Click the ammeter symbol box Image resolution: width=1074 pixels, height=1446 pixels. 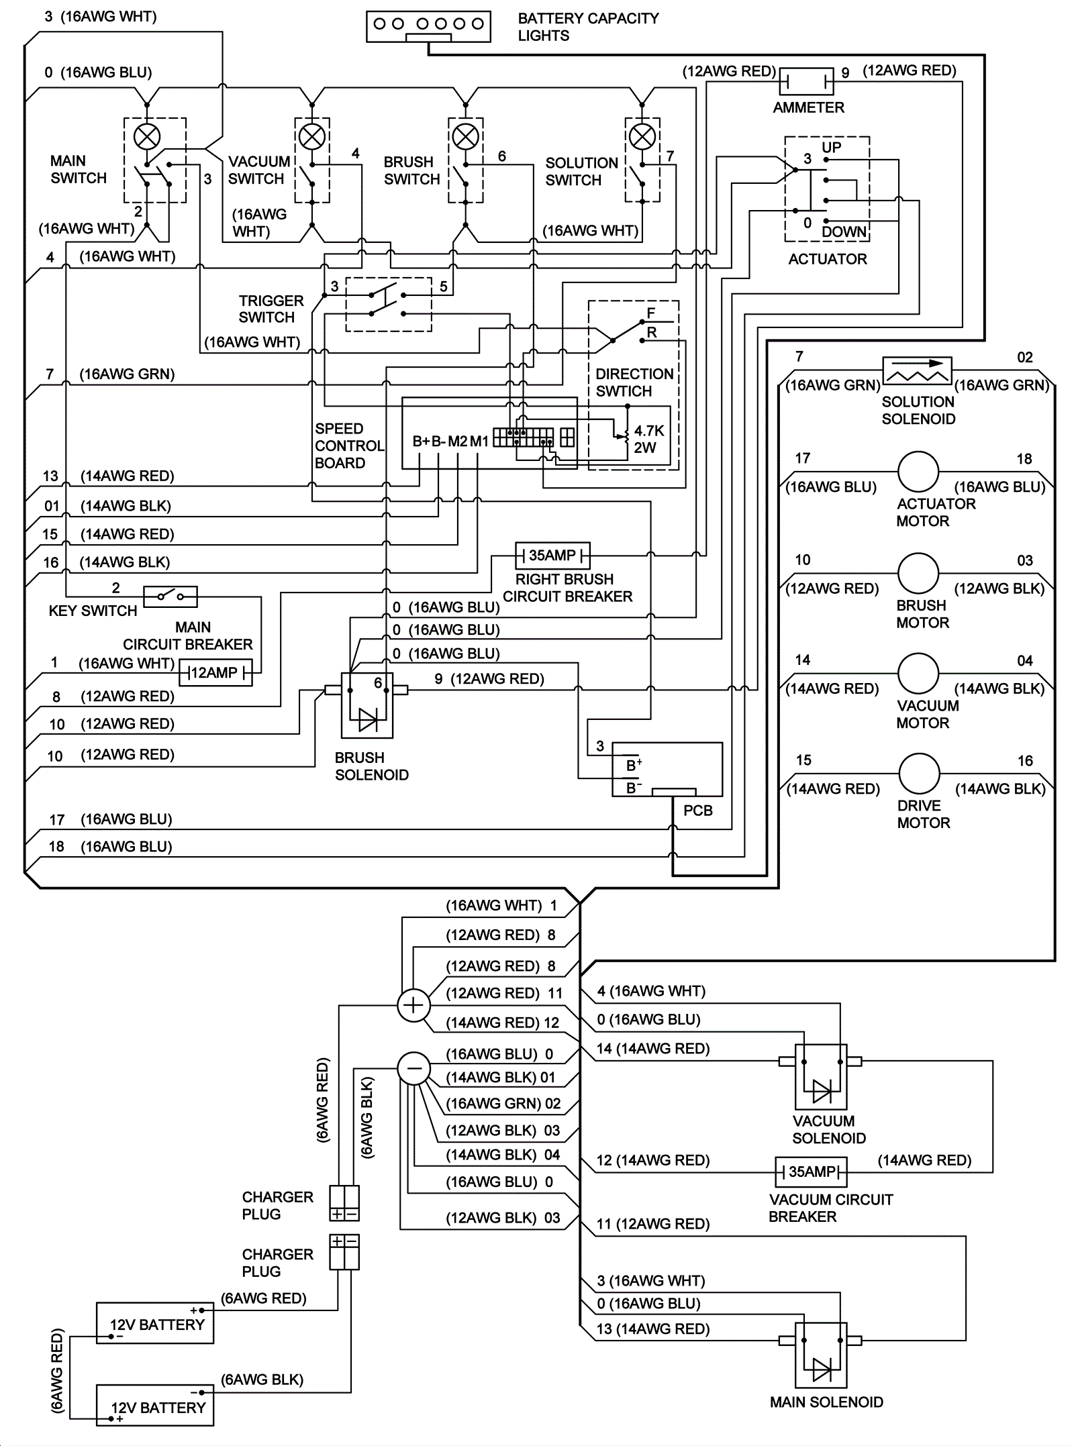(806, 82)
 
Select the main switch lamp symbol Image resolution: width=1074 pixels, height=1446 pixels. (147, 137)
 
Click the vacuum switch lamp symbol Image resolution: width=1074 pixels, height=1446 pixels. (311, 137)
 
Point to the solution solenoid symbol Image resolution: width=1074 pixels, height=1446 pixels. (917, 370)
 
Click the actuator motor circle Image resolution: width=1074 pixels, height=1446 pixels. (918, 472)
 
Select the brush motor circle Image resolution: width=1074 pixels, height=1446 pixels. (918, 573)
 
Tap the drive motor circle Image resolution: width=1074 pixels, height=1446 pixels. (919, 774)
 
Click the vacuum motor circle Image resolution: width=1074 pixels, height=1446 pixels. (918, 673)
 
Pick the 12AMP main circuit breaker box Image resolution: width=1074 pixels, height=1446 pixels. (215, 672)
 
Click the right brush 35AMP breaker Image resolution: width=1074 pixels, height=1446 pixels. (552, 556)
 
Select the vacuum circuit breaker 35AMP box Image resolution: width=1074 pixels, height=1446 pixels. (811, 1172)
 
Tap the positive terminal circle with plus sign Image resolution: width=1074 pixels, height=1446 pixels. (413, 1005)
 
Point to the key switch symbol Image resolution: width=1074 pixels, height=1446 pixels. (170, 596)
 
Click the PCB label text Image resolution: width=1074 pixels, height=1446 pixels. (697, 811)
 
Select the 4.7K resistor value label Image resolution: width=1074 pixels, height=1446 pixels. (648, 431)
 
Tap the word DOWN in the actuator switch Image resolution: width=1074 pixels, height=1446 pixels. (844, 231)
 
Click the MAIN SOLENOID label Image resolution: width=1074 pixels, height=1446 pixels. (826, 1402)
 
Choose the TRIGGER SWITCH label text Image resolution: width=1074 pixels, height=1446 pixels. (271, 309)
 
